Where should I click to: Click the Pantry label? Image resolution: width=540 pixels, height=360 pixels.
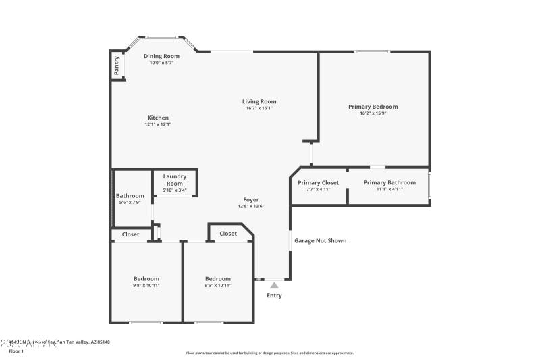coord(117,65)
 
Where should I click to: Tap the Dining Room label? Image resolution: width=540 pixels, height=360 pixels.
coord(161,56)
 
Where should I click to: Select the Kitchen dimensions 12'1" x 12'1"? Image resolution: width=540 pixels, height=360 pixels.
coord(158,124)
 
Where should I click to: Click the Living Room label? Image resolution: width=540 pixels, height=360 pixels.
coord(259,102)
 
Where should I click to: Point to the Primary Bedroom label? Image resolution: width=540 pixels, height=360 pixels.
coord(373,107)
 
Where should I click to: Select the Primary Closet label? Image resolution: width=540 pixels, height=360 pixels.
coord(318,182)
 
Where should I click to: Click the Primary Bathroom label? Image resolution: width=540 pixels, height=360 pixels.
coord(389,182)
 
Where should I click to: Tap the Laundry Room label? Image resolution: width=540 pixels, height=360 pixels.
coord(174,180)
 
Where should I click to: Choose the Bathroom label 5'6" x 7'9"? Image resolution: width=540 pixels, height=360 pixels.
coord(130,196)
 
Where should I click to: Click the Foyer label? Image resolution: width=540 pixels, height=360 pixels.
coord(250,200)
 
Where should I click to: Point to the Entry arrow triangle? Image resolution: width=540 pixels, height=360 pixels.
coord(274,286)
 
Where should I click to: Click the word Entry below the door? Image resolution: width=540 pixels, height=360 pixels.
coord(274,295)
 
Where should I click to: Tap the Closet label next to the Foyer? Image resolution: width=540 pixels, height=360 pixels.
coord(228,234)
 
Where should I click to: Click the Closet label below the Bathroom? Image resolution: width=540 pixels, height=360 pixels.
coord(130,234)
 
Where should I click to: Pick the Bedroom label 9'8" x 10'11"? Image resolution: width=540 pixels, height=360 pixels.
coord(146,278)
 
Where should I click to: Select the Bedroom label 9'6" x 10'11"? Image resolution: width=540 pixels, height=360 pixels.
coord(217,278)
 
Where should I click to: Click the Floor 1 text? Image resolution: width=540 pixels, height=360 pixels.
coord(16,351)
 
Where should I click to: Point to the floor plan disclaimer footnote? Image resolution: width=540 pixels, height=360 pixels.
coord(269,353)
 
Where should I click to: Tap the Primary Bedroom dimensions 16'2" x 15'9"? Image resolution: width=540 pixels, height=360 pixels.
coord(373,113)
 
